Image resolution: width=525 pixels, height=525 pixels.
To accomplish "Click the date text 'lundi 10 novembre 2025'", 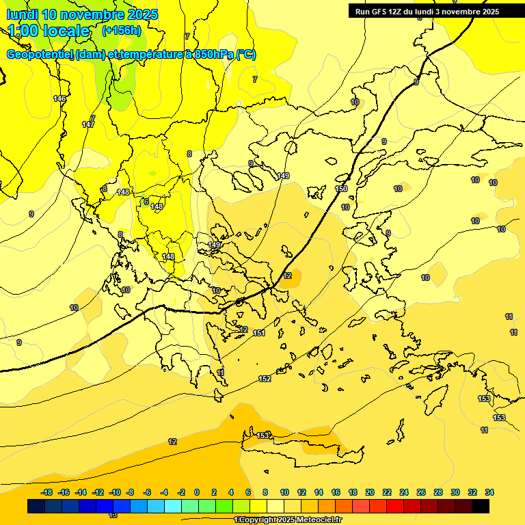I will tap(82, 14).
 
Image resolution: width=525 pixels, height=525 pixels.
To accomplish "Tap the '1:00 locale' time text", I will tap(49, 31).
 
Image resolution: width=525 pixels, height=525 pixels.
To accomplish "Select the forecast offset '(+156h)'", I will tap(122, 30).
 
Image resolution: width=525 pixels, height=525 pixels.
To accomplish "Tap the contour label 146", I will tap(60, 99).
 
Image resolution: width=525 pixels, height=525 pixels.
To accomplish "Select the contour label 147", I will tap(88, 124).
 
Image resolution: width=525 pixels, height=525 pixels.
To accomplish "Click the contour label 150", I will tap(341, 189).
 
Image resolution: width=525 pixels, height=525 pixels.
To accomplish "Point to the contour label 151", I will tap(259, 333).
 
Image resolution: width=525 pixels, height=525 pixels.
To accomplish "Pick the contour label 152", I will tap(265, 379).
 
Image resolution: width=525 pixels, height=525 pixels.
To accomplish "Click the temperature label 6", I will tap(146, 202).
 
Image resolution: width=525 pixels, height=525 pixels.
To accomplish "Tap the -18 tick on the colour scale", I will tap(47, 492).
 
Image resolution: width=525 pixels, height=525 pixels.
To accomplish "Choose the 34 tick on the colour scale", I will tap(489, 492).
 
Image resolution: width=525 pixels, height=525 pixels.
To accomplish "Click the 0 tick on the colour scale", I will tap(197, 492).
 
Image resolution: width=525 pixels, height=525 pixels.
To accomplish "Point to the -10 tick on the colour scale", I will tap(115, 492).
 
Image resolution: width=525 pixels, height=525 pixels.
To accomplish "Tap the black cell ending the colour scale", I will tap(481, 506).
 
